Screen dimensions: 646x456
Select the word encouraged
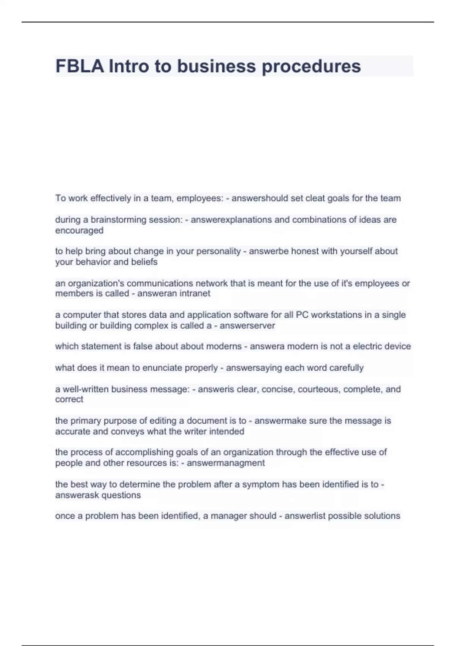[x=79, y=230]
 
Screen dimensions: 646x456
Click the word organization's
[x=90, y=283]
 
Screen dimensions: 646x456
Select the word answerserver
[x=247, y=326]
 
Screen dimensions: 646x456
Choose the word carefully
[x=346, y=368]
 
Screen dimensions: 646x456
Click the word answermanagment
[x=226, y=463]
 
